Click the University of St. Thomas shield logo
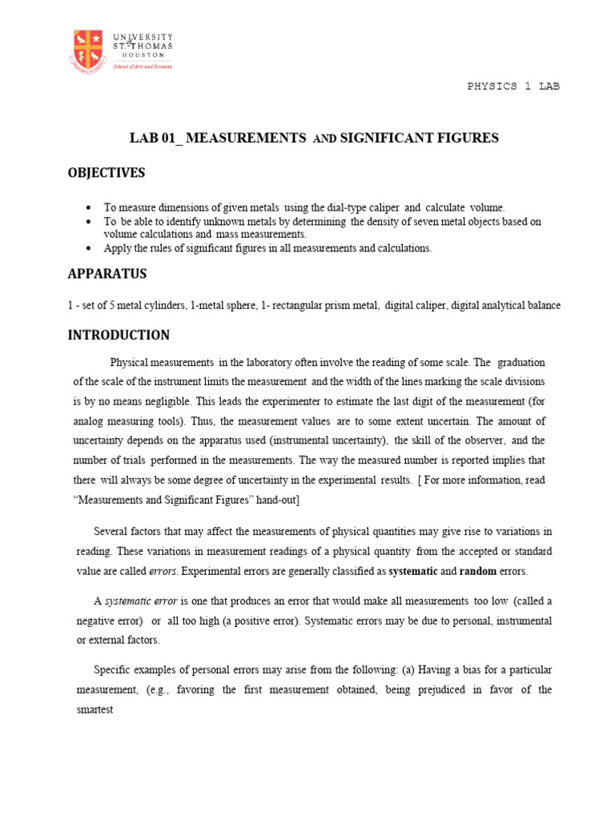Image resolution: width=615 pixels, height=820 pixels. click(x=88, y=50)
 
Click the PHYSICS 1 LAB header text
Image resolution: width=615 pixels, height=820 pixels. click(x=513, y=86)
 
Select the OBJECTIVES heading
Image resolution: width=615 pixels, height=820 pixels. click(x=107, y=173)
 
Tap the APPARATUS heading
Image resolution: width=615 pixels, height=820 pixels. click(x=107, y=274)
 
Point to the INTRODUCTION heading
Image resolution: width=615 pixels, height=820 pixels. click(x=119, y=336)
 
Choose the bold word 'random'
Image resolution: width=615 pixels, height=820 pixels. click(x=479, y=571)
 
